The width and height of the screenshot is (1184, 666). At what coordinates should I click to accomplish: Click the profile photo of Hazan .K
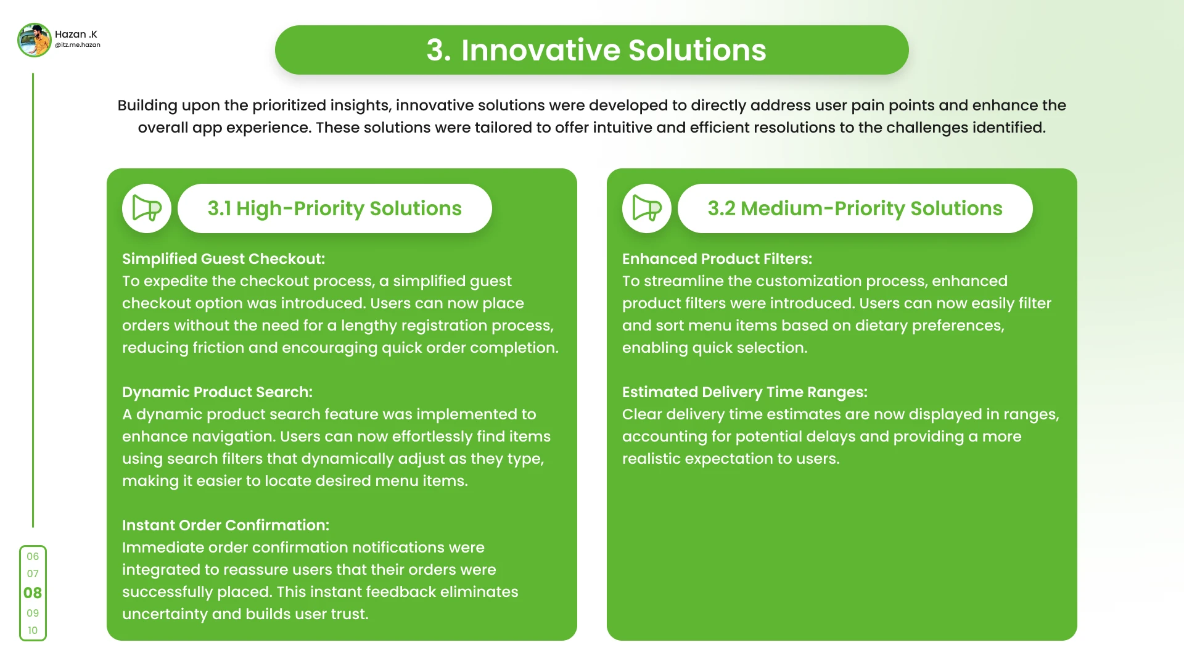[35, 40]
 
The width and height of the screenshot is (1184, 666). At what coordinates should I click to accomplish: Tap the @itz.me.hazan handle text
[78, 45]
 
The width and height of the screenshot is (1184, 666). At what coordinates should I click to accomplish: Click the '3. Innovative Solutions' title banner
[592, 50]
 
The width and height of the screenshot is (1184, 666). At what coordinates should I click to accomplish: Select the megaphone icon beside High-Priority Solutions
[147, 208]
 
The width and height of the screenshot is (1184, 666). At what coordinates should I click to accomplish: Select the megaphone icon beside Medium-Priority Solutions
[647, 208]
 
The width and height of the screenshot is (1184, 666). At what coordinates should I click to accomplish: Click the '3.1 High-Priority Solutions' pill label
[335, 208]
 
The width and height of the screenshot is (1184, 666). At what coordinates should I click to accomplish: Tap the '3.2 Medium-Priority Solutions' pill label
[855, 208]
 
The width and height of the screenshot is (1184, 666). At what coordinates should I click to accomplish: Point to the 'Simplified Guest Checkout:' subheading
[223, 259]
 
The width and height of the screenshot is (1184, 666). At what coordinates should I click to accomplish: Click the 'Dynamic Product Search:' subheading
[217, 392]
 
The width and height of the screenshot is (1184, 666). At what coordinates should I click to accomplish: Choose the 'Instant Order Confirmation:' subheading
[226, 525]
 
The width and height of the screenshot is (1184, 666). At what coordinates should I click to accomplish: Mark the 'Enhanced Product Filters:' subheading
[717, 259]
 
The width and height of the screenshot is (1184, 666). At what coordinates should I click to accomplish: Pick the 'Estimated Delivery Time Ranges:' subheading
[745, 392]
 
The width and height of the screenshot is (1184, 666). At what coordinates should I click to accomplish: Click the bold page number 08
[33, 593]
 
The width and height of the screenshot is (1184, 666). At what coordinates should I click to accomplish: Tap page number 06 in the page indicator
[33, 556]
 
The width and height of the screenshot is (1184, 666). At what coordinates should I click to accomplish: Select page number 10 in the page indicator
[33, 630]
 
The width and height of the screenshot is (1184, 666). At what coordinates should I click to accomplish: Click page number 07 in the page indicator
[33, 573]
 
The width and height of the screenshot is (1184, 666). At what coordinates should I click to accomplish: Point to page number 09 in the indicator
[33, 613]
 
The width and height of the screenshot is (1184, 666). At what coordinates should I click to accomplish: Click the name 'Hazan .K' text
[76, 35]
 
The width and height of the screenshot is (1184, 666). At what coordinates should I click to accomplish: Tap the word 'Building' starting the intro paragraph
[147, 106]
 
